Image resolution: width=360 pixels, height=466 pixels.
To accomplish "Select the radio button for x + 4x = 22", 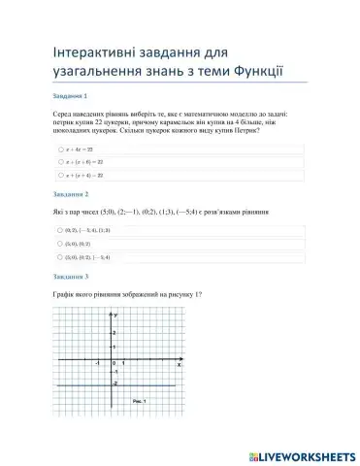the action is click(x=60, y=150).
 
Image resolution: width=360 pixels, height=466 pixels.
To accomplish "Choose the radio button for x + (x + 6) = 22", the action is click(x=60, y=163).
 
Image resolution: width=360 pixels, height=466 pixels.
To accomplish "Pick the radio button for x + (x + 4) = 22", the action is click(x=60, y=176).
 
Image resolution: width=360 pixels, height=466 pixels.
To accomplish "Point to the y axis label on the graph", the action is click(x=116, y=316).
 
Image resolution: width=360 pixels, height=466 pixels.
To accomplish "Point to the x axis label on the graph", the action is click(x=178, y=364).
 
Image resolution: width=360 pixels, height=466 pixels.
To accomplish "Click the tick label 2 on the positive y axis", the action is click(x=115, y=333).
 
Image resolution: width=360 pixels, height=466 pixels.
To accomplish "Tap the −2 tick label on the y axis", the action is click(x=115, y=383).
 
